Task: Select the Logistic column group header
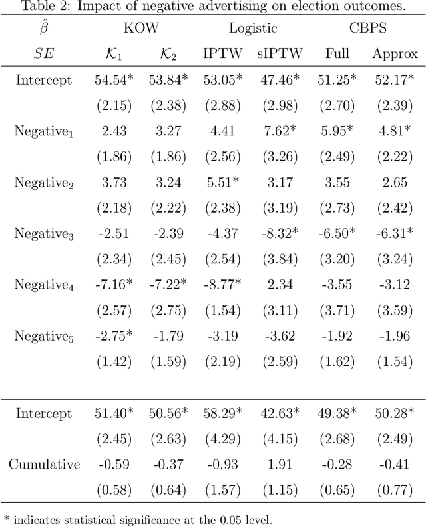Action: (253, 29)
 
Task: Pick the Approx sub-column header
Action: (395, 55)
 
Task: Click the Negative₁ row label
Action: (44, 131)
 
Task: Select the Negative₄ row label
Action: (44, 285)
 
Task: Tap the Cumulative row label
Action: (44, 465)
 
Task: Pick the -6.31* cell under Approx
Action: (395, 234)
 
